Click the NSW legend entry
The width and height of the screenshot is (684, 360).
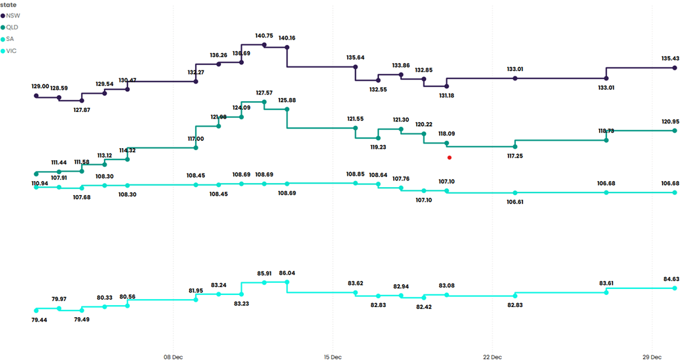pyautogui.click(x=13, y=15)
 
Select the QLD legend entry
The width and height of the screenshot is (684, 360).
pyautogui.click(x=13, y=27)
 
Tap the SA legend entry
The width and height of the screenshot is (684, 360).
pyautogui.click(x=11, y=39)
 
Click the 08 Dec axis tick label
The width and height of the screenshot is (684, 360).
pyautogui.click(x=173, y=356)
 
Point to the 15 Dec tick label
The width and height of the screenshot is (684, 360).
pyautogui.click(x=332, y=356)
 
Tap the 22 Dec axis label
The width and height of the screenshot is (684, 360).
pyautogui.click(x=492, y=356)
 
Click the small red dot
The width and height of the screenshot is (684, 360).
pyautogui.click(x=450, y=158)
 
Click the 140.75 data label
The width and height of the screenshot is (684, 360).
pyautogui.click(x=264, y=36)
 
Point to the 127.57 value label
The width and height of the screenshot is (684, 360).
pyautogui.click(x=264, y=93)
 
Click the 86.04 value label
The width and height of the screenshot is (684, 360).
pyautogui.click(x=287, y=274)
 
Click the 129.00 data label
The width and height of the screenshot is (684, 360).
pyautogui.click(x=40, y=86)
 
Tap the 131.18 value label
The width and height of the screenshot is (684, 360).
pyautogui.click(x=446, y=96)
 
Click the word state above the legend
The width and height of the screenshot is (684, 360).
pyautogui.click(x=9, y=4)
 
